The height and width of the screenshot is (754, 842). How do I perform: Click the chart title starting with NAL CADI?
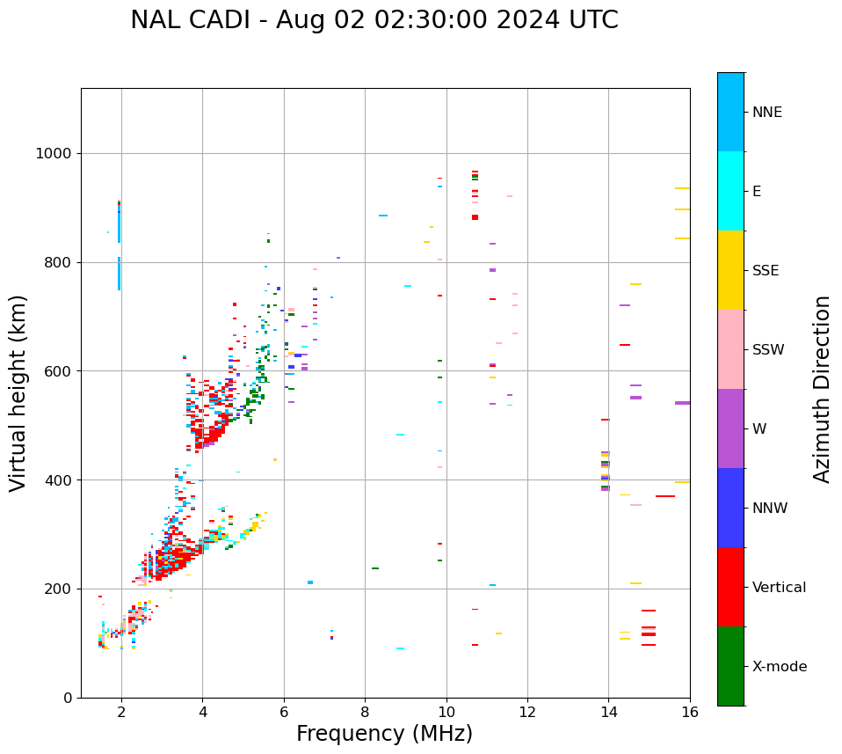(374, 20)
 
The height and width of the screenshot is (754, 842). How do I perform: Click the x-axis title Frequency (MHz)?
(384, 734)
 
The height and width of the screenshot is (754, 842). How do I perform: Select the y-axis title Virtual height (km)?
(18, 392)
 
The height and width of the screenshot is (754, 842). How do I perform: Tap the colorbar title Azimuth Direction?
(822, 388)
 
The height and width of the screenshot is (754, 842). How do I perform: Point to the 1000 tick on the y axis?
(56, 154)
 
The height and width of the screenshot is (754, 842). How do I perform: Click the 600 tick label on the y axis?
(60, 371)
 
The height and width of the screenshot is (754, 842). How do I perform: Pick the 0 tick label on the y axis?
(67, 698)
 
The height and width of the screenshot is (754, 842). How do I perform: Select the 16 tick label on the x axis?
(690, 712)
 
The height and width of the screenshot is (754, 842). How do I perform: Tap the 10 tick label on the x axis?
(446, 712)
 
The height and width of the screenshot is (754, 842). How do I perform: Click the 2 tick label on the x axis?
(121, 712)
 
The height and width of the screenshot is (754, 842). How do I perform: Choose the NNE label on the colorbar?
(766, 113)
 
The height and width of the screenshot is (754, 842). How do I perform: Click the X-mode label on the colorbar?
(779, 667)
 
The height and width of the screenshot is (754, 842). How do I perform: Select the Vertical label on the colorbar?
(779, 588)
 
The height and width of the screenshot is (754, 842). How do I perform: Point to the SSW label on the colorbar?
(768, 350)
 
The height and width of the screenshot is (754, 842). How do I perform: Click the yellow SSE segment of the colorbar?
(730, 270)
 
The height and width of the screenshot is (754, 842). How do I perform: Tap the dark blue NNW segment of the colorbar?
(730, 508)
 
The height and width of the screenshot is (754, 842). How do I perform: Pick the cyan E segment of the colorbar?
(730, 191)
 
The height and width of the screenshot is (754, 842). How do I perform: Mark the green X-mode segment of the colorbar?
(730, 666)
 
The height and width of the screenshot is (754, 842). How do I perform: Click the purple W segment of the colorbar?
(730, 428)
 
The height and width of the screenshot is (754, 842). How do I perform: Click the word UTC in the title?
(592, 20)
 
